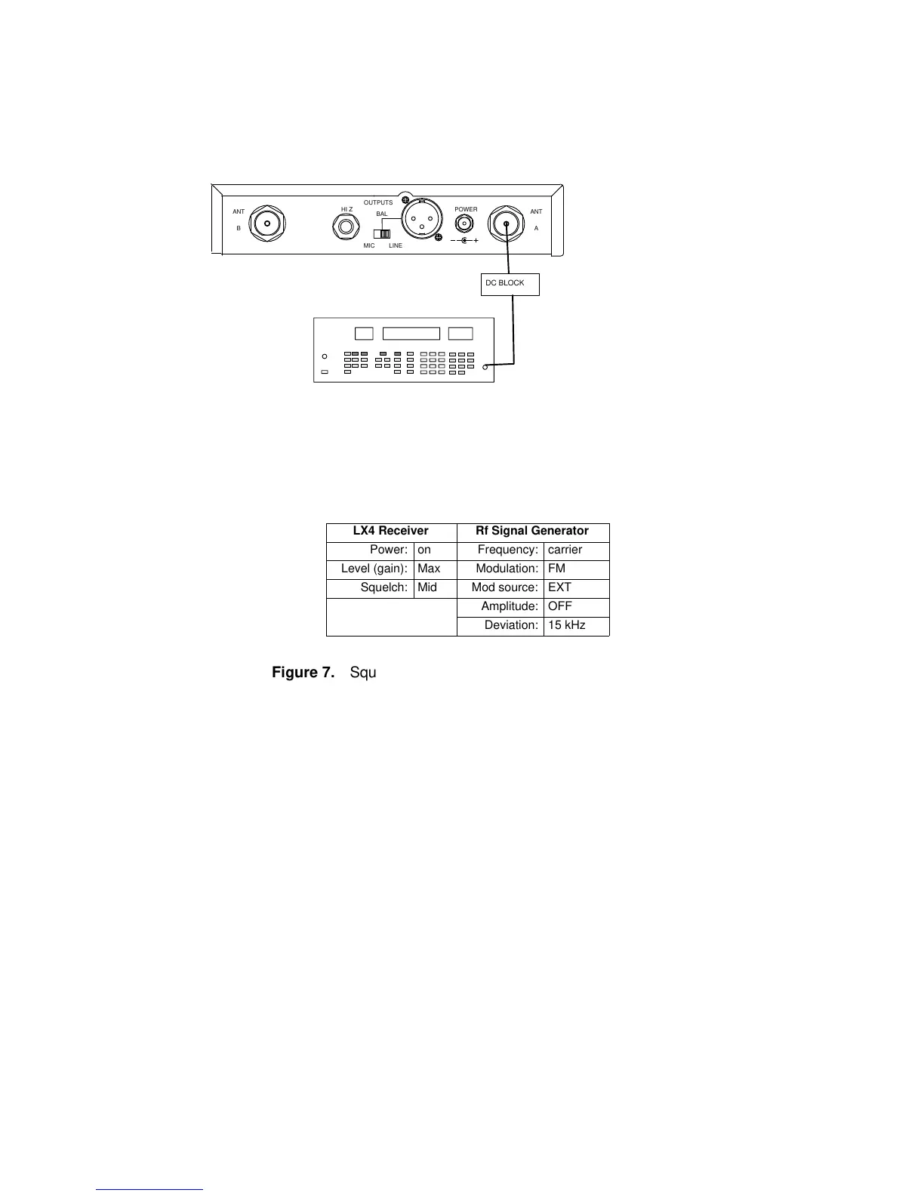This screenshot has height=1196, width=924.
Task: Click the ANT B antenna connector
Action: point(267,223)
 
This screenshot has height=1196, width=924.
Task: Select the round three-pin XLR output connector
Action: point(420,219)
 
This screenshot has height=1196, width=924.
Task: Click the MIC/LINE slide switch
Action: point(382,233)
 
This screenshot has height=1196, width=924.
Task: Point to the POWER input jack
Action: point(464,224)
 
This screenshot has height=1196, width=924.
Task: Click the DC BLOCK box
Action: point(510,284)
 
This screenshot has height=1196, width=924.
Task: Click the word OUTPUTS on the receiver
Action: point(378,202)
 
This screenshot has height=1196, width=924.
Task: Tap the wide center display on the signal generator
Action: point(411,334)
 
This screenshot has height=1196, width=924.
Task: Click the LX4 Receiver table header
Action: point(391,532)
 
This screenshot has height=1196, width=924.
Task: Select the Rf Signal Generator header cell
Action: point(533,532)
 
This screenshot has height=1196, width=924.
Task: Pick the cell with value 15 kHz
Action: point(567,626)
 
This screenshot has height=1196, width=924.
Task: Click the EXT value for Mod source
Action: point(560,588)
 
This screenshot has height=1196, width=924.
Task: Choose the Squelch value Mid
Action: point(427,588)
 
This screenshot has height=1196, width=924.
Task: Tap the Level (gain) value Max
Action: point(429,569)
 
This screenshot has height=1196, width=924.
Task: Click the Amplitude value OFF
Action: point(560,607)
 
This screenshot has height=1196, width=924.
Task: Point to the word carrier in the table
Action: point(565,550)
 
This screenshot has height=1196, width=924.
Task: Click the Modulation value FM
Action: point(557,569)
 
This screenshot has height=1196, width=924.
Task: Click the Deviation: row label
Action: point(511,626)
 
